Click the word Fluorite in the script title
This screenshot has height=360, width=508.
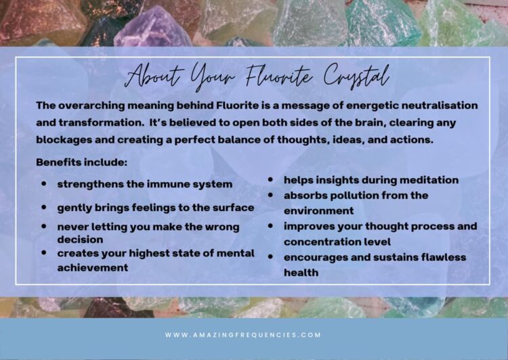pos(279,76)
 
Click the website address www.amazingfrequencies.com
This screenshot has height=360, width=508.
pos(242,335)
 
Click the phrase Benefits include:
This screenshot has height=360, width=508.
pos(82,162)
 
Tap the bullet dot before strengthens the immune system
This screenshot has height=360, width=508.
pos(44,183)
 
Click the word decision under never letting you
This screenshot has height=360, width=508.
pos(80,240)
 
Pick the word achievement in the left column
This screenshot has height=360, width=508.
pos(93,268)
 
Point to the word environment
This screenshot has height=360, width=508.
pos(319,210)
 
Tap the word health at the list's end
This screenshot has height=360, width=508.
pos(301,273)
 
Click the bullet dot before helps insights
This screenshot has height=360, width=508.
pos(270,180)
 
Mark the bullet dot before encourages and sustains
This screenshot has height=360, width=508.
pos(270,257)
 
